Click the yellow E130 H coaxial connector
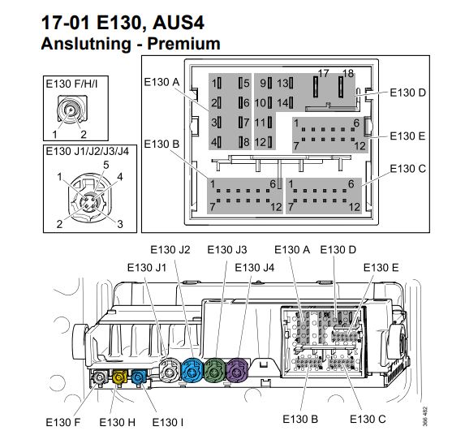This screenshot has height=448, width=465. (x=118, y=377)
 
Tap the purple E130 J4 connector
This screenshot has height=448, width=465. (x=237, y=371)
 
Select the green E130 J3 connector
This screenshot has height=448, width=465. (x=215, y=371)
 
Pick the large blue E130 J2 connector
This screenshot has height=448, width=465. (x=192, y=371)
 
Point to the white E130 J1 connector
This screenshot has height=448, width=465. (x=170, y=371)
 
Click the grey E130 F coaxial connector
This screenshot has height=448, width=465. (x=99, y=377)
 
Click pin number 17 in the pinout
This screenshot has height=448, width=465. (x=323, y=73)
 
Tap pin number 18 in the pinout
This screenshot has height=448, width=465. (x=348, y=73)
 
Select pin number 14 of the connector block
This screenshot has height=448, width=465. (x=282, y=103)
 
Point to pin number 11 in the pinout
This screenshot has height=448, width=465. (x=260, y=123)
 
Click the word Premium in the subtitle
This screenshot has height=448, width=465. (x=183, y=44)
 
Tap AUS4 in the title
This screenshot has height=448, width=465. (x=179, y=23)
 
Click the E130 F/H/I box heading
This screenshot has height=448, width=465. (x=71, y=84)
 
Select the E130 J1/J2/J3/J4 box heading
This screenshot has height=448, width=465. (x=87, y=151)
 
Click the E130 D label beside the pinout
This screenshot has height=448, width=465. (x=407, y=93)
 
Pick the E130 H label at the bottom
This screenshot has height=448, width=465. (x=117, y=422)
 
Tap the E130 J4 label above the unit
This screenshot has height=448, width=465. (x=255, y=268)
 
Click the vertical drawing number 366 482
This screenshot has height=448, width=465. (x=424, y=416)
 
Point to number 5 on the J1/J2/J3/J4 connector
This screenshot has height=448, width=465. (x=106, y=165)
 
